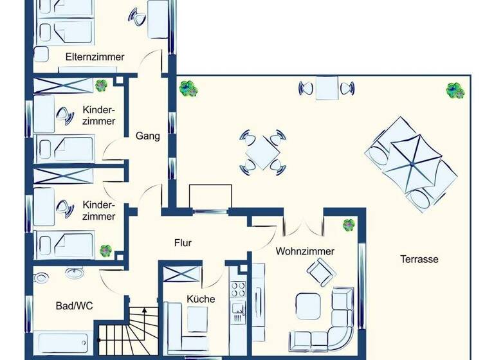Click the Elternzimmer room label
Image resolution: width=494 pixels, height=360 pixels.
(95, 57)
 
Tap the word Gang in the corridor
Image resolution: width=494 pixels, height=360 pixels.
(147, 136)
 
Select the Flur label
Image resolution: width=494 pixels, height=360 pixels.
(183, 243)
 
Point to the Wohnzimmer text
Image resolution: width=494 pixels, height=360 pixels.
(305, 251)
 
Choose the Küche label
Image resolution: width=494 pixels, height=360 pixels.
(201, 299)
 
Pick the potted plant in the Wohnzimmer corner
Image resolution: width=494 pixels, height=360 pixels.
(349, 224)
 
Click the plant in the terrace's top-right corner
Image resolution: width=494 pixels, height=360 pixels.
(455, 90)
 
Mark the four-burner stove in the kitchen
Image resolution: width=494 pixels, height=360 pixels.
(238, 290)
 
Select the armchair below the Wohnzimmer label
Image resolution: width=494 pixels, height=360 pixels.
(321, 275)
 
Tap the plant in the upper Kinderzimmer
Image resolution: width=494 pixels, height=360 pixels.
(102, 85)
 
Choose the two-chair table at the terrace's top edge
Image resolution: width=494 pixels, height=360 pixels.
(327, 88)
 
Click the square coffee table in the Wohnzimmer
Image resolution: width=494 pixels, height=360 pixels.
(308, 305)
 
